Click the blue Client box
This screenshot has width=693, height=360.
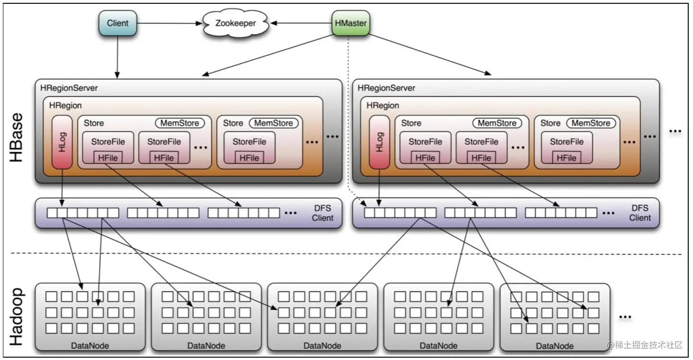point(118,23)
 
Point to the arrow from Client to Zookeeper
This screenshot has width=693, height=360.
point(168,23)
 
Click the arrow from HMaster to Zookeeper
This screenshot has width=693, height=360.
point(301,23)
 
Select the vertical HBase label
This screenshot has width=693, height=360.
point(17,137)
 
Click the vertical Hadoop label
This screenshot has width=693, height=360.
point(17,316)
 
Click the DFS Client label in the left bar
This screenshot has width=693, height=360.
point(322,213)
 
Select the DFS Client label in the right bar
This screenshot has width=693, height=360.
point(640,213)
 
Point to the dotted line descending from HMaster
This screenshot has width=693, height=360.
point(349,118)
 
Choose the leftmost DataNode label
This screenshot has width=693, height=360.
point(90,345)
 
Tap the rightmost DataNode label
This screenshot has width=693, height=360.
point(555,346)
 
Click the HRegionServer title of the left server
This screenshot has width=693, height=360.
point(69,88)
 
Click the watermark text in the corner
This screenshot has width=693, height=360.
point(646,345)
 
